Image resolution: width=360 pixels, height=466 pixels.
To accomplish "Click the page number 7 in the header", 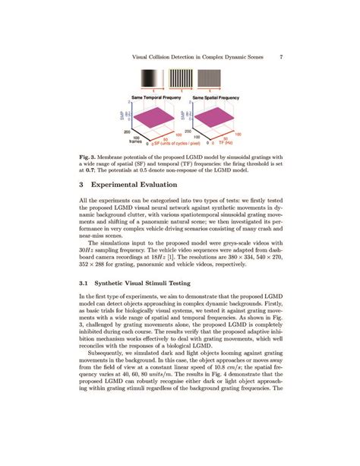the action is click(282, 56).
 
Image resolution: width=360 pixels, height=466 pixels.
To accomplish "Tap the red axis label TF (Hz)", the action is click(226, 142).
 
